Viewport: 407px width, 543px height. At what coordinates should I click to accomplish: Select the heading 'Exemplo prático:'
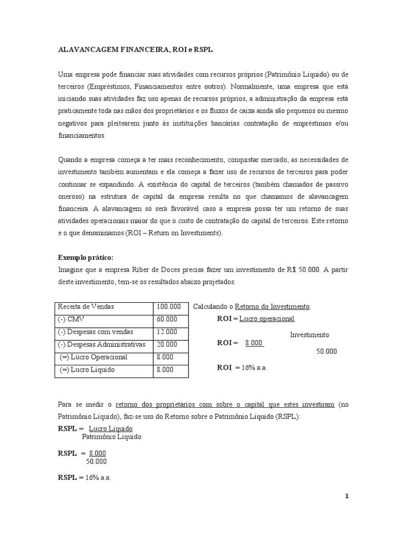click(85, 258)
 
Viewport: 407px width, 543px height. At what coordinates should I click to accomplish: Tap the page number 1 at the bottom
click(347, 496)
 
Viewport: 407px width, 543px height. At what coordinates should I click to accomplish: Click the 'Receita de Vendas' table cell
click(86, 307)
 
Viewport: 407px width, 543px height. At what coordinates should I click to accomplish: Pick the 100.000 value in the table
click(169, 307)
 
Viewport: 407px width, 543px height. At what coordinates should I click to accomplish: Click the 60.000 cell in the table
click(167, 320)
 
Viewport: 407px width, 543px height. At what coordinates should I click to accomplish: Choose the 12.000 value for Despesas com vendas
click(167, 332)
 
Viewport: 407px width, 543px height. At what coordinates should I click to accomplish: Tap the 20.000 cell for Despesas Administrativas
click(167, 345)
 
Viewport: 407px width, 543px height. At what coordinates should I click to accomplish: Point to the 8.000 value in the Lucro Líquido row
click(165, 370)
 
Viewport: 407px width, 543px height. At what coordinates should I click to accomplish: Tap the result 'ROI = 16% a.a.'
click(242, 367)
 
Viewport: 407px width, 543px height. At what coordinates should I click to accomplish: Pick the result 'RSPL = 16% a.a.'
click(84, 477)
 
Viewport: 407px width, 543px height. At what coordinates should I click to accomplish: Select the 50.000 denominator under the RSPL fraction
click(97, 461)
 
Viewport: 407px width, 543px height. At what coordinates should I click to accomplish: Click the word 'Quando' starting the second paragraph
click(70, 160)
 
